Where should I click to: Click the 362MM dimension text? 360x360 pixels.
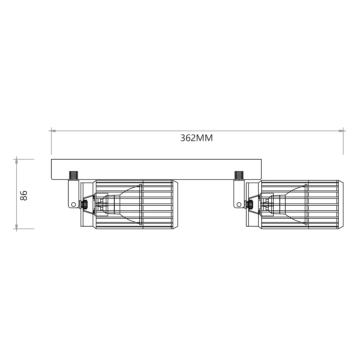point(196,138)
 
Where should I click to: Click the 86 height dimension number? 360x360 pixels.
point(24,195)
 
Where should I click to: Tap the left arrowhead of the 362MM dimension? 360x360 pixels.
point(53,131)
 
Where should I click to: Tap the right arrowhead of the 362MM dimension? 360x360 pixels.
point(341,131)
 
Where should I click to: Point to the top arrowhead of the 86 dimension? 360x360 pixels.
point(16,161)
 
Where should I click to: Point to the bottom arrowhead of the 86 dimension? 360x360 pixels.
point(16,227)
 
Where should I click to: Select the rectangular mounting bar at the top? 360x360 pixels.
point(156,166)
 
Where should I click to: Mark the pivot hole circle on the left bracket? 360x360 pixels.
point(73,204)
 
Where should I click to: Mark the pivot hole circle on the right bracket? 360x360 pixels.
point(239,204)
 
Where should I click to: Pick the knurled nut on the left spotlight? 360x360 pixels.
point(84,204)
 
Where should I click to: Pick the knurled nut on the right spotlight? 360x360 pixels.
point(249,204)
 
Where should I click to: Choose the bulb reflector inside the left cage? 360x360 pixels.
point(128,204)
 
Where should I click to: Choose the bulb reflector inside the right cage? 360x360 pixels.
point(293,204)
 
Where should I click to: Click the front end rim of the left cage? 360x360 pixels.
point(175,204)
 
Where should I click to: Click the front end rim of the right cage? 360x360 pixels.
point(340,204)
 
